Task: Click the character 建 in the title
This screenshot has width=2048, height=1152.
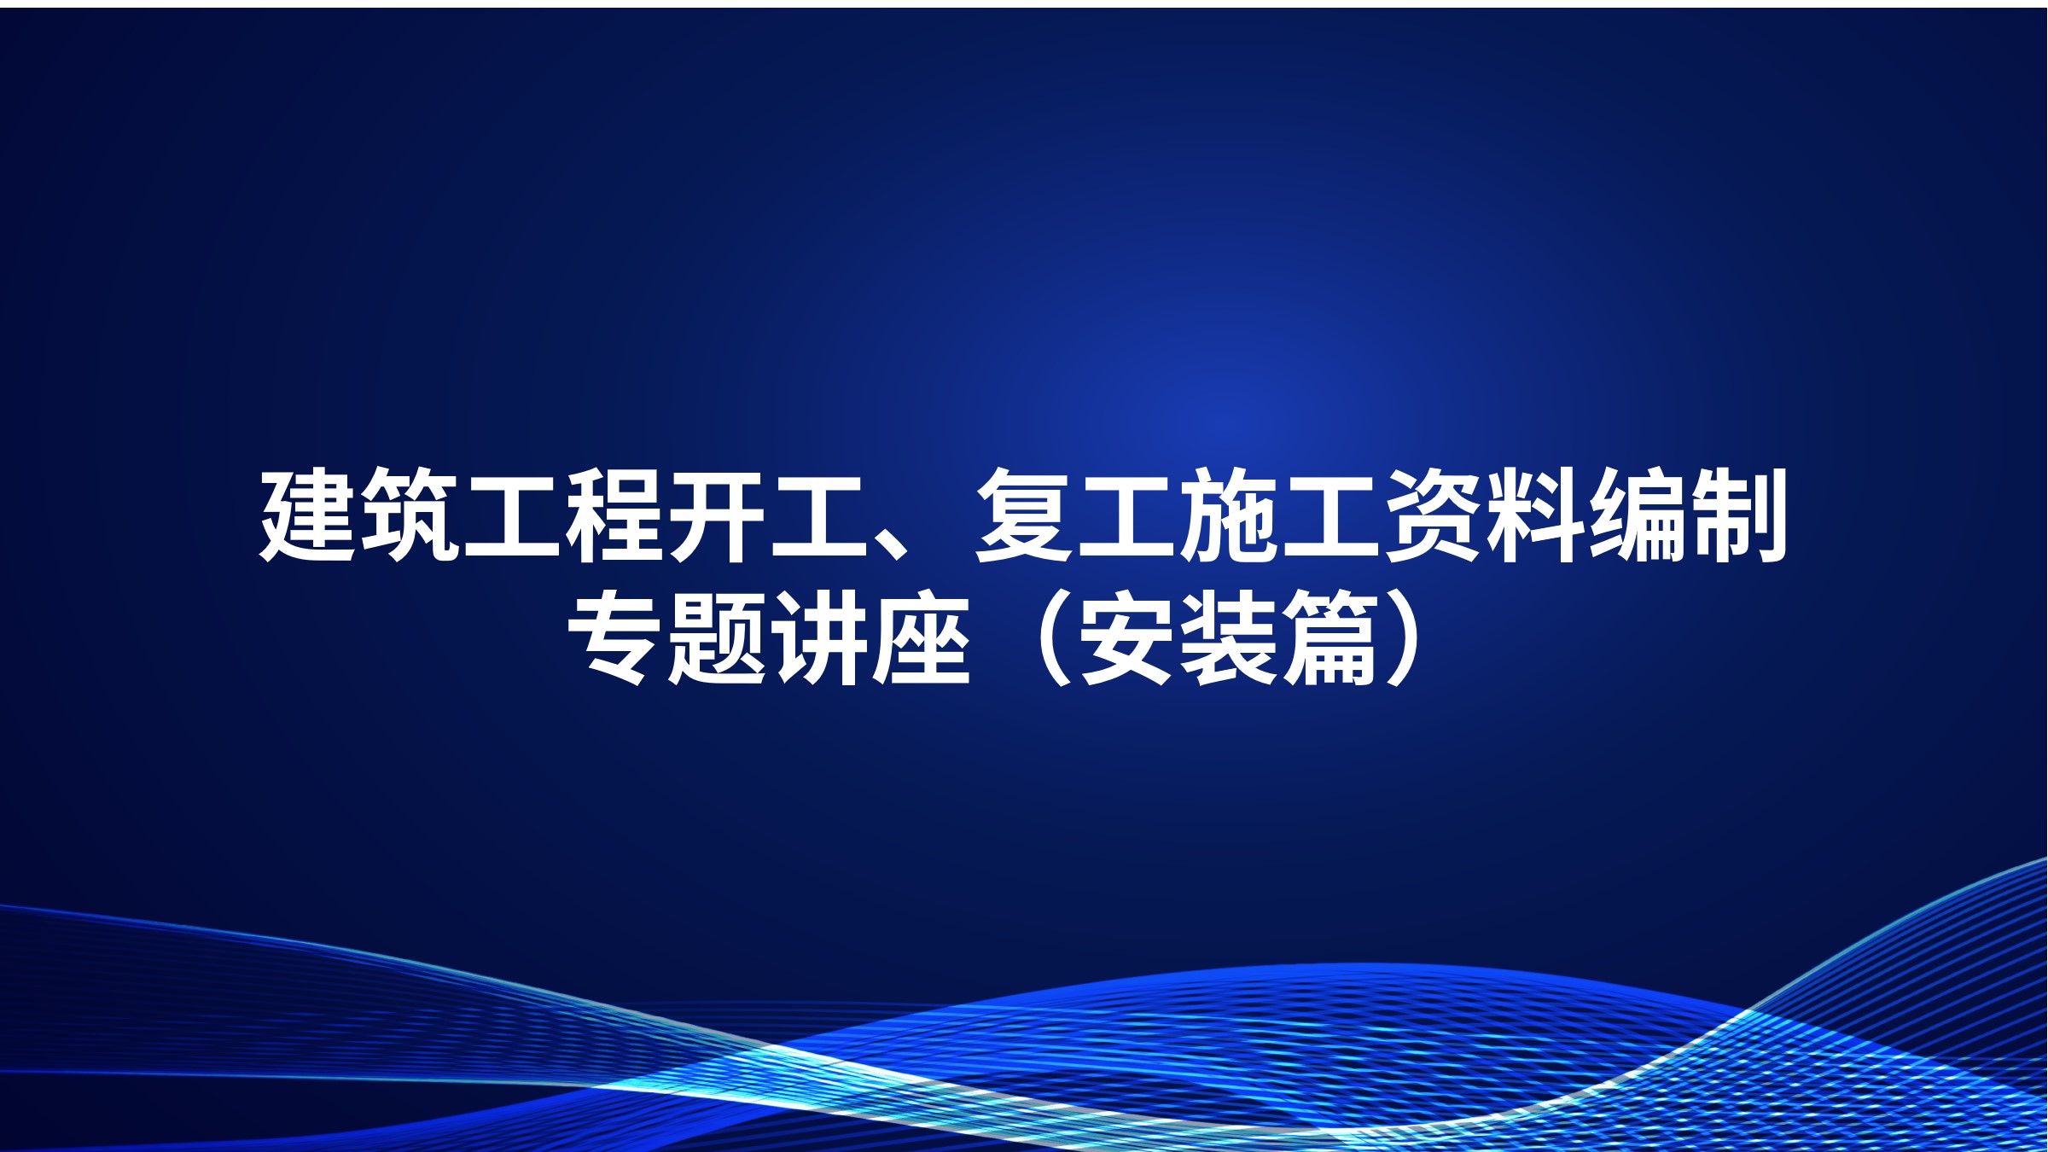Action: (x=307, y=515)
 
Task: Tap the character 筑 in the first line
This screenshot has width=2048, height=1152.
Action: (x=410, y=515)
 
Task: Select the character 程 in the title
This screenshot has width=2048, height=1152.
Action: (x=614, y=515)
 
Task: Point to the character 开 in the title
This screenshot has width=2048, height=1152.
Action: (x=717, y=515)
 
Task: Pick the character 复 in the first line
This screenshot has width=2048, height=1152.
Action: (x=1024, y=515)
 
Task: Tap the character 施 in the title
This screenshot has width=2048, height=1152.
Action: (x=1229, y=515)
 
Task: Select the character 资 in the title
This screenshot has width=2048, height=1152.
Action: (x=1434, y=515)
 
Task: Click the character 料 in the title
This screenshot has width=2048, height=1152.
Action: (x=1536, y=515)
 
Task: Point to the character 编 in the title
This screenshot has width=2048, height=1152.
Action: (x=1638, y=515)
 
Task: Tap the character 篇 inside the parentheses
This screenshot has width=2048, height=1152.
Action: (x=1331, y=638)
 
